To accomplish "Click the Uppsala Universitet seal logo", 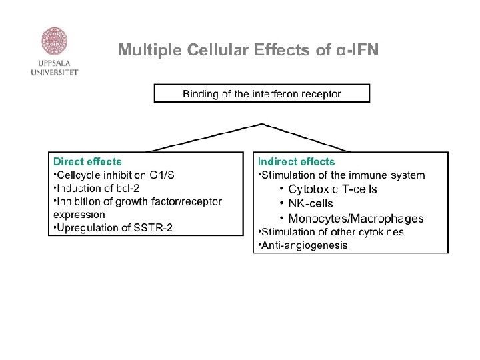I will click(54, 41).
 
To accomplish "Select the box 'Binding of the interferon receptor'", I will click(261, 93).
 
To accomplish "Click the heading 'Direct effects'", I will click(87, 161).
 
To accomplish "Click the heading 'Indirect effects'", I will click(296, 161).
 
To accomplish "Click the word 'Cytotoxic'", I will click(311, 189).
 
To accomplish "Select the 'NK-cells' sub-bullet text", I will click(311, 203).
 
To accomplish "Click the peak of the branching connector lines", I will click(262, 124).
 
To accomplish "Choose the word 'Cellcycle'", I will click(77, 175).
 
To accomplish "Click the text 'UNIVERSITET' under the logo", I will click(54, 73).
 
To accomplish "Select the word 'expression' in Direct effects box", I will click(79, 215).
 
